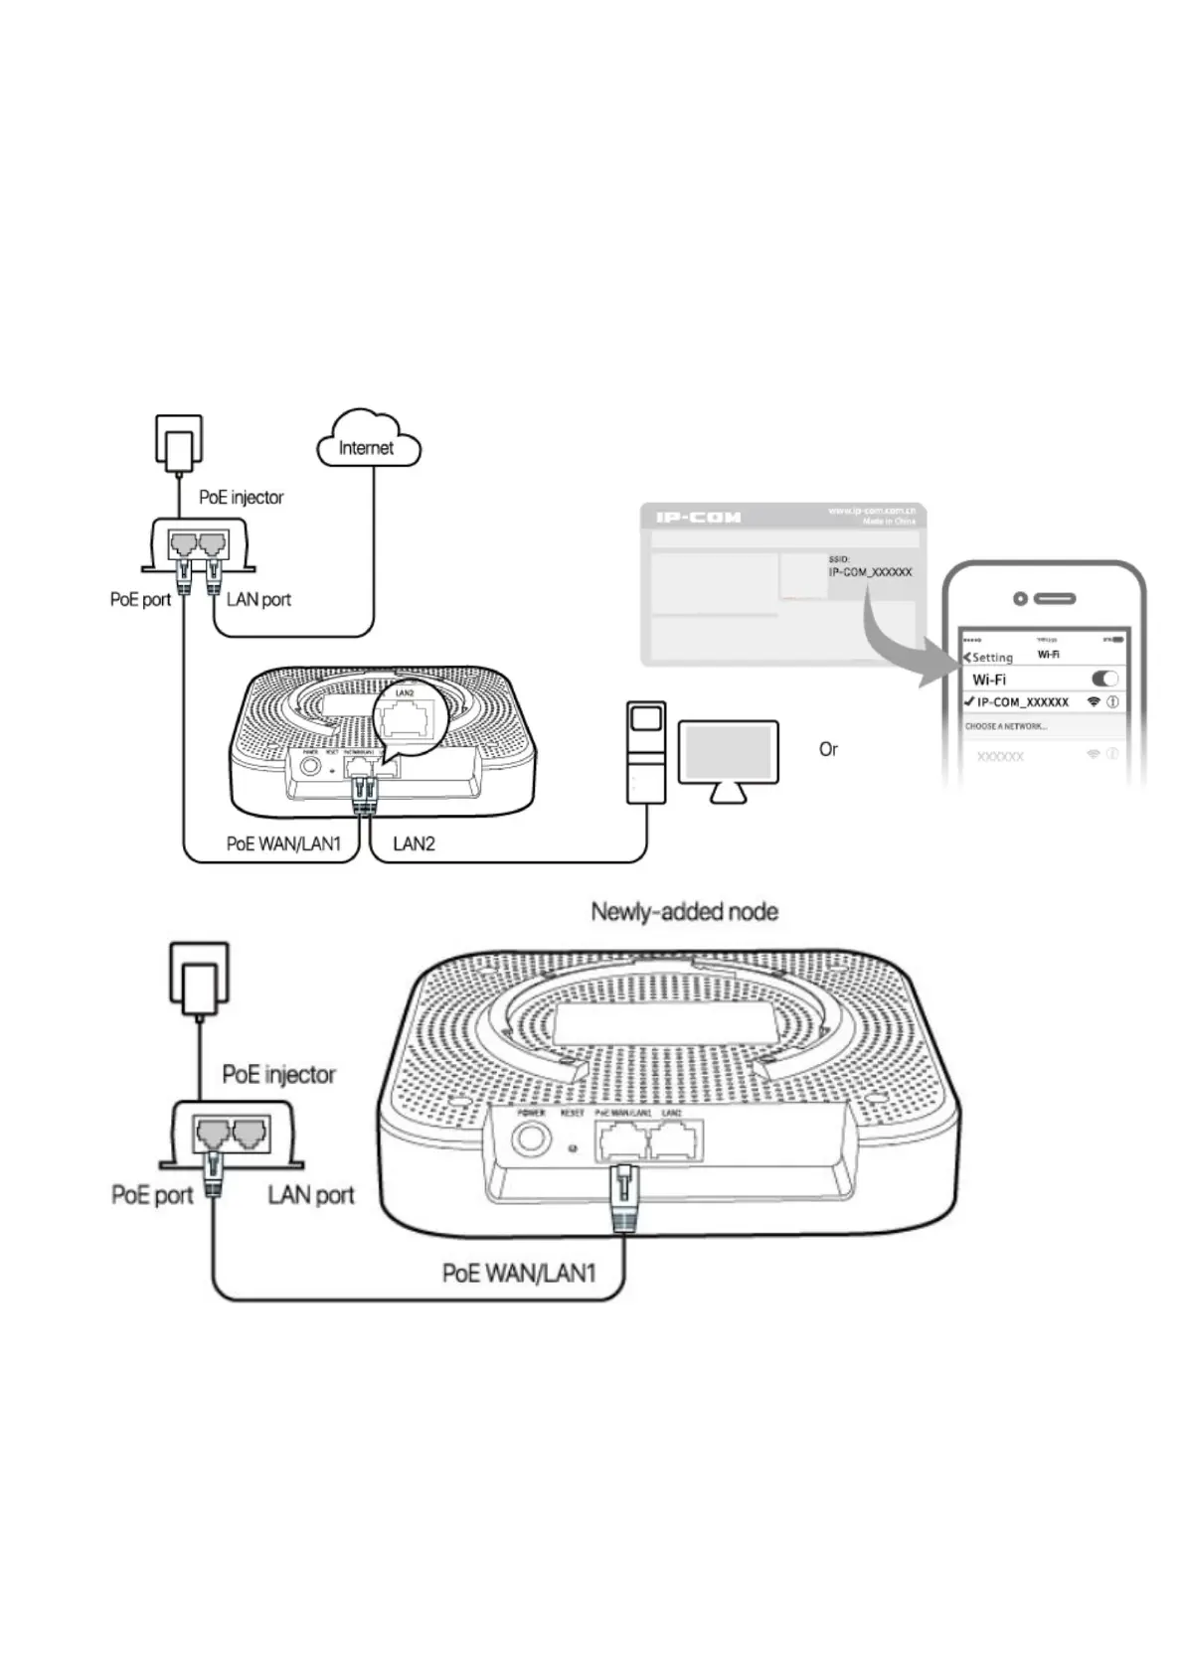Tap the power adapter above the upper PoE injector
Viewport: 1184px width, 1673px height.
179,444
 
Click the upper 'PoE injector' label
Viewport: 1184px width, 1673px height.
241,497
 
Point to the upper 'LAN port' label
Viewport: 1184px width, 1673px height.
258,599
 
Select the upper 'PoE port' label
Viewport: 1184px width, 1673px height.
140,599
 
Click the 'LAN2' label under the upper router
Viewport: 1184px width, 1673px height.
414,843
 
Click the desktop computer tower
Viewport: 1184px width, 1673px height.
645,752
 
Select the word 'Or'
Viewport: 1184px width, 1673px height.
828,749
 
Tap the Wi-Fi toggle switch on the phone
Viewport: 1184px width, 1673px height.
1104,679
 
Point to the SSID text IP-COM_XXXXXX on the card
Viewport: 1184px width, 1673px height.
870,572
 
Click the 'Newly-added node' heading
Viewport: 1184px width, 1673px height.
684,911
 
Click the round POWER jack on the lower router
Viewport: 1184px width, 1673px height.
531,1138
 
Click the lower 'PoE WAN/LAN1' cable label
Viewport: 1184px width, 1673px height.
519,1273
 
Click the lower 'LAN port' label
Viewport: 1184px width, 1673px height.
310,1194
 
